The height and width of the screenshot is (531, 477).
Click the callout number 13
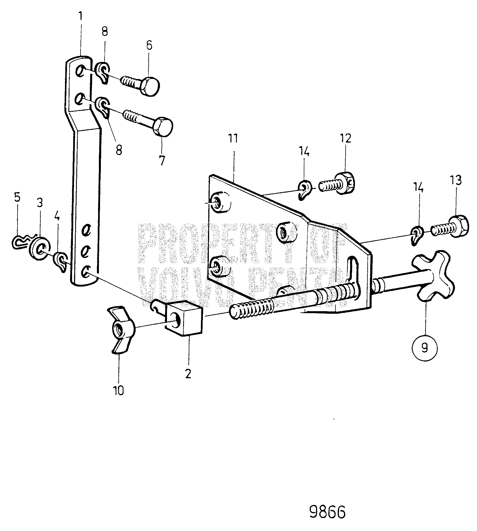pyautogui.click(x=456, y=180)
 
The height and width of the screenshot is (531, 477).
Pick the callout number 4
pyautogui.click(x=57, y=217)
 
